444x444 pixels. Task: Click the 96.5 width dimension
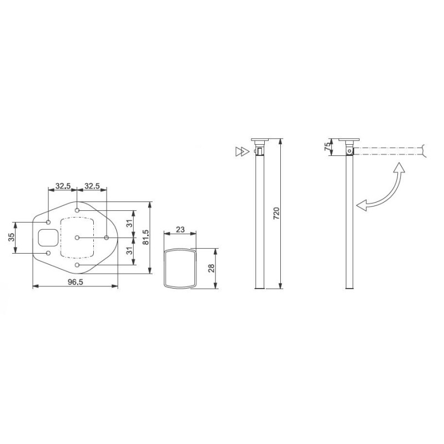tap(75, 282)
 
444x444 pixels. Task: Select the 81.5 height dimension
tap(145, 238)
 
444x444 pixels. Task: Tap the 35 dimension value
tap(11, 238)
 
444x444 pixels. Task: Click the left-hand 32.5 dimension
tap(62, 186)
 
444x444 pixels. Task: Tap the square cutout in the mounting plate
tap(47, 238)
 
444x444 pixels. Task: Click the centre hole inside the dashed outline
tap(77, 238)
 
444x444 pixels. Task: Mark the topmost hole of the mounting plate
tap(77, 210)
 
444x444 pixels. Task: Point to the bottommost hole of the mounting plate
tap(77, 266)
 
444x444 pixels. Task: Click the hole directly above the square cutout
tap(48, 222)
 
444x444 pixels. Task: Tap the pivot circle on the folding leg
tap(349, 150)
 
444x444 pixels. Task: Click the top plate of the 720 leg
tap(259, 140)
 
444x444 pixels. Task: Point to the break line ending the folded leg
tap(425, 150)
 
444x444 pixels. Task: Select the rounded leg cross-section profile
tap(179, 268)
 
